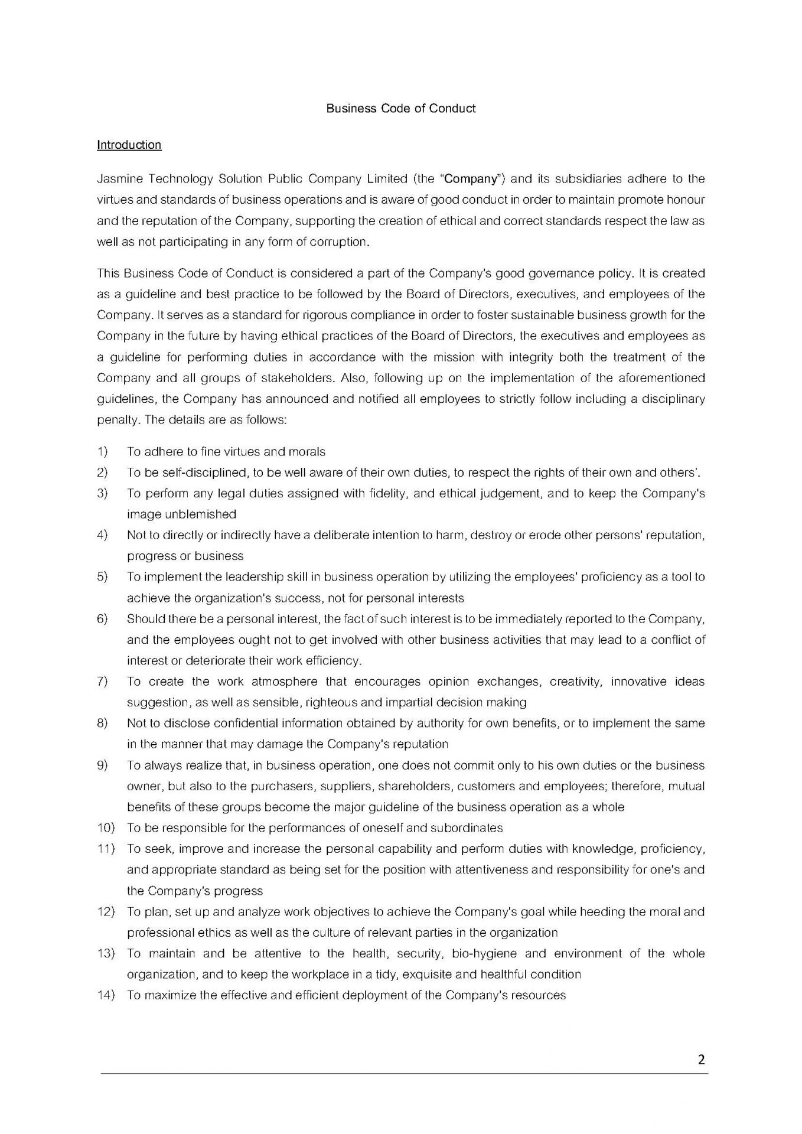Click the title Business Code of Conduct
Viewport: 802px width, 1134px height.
click(x=401, y=109)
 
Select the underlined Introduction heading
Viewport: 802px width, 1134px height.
click(x=129, y=145)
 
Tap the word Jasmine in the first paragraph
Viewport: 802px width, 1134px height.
click(x=116, y=179)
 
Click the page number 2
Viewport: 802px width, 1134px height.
click(x=701, y=1059)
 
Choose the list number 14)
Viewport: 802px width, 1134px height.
click(x=106, y=995)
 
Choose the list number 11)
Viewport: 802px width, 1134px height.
click(x=106, y=849)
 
